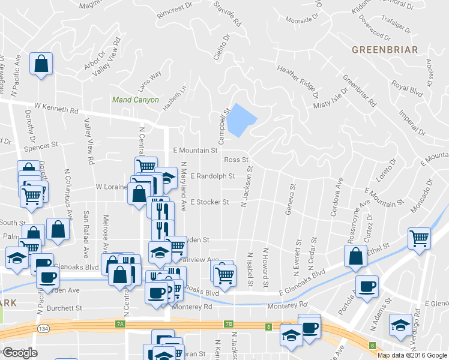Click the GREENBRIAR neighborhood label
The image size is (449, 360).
click(385, 49)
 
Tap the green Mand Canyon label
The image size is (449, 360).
click(135, 100)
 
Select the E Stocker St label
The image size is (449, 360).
click(209, 202)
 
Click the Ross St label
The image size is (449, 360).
click(236, 160)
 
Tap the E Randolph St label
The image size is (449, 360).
click(212, 176)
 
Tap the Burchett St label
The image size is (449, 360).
click(65, 308)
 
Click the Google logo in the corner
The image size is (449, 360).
click(20, 353)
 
